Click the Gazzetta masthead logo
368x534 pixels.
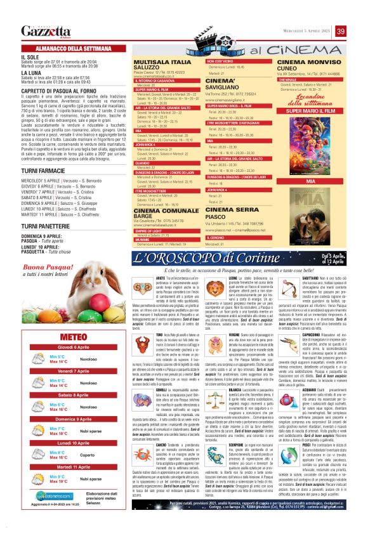(43, 31)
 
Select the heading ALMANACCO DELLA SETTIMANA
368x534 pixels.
(74, 48)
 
